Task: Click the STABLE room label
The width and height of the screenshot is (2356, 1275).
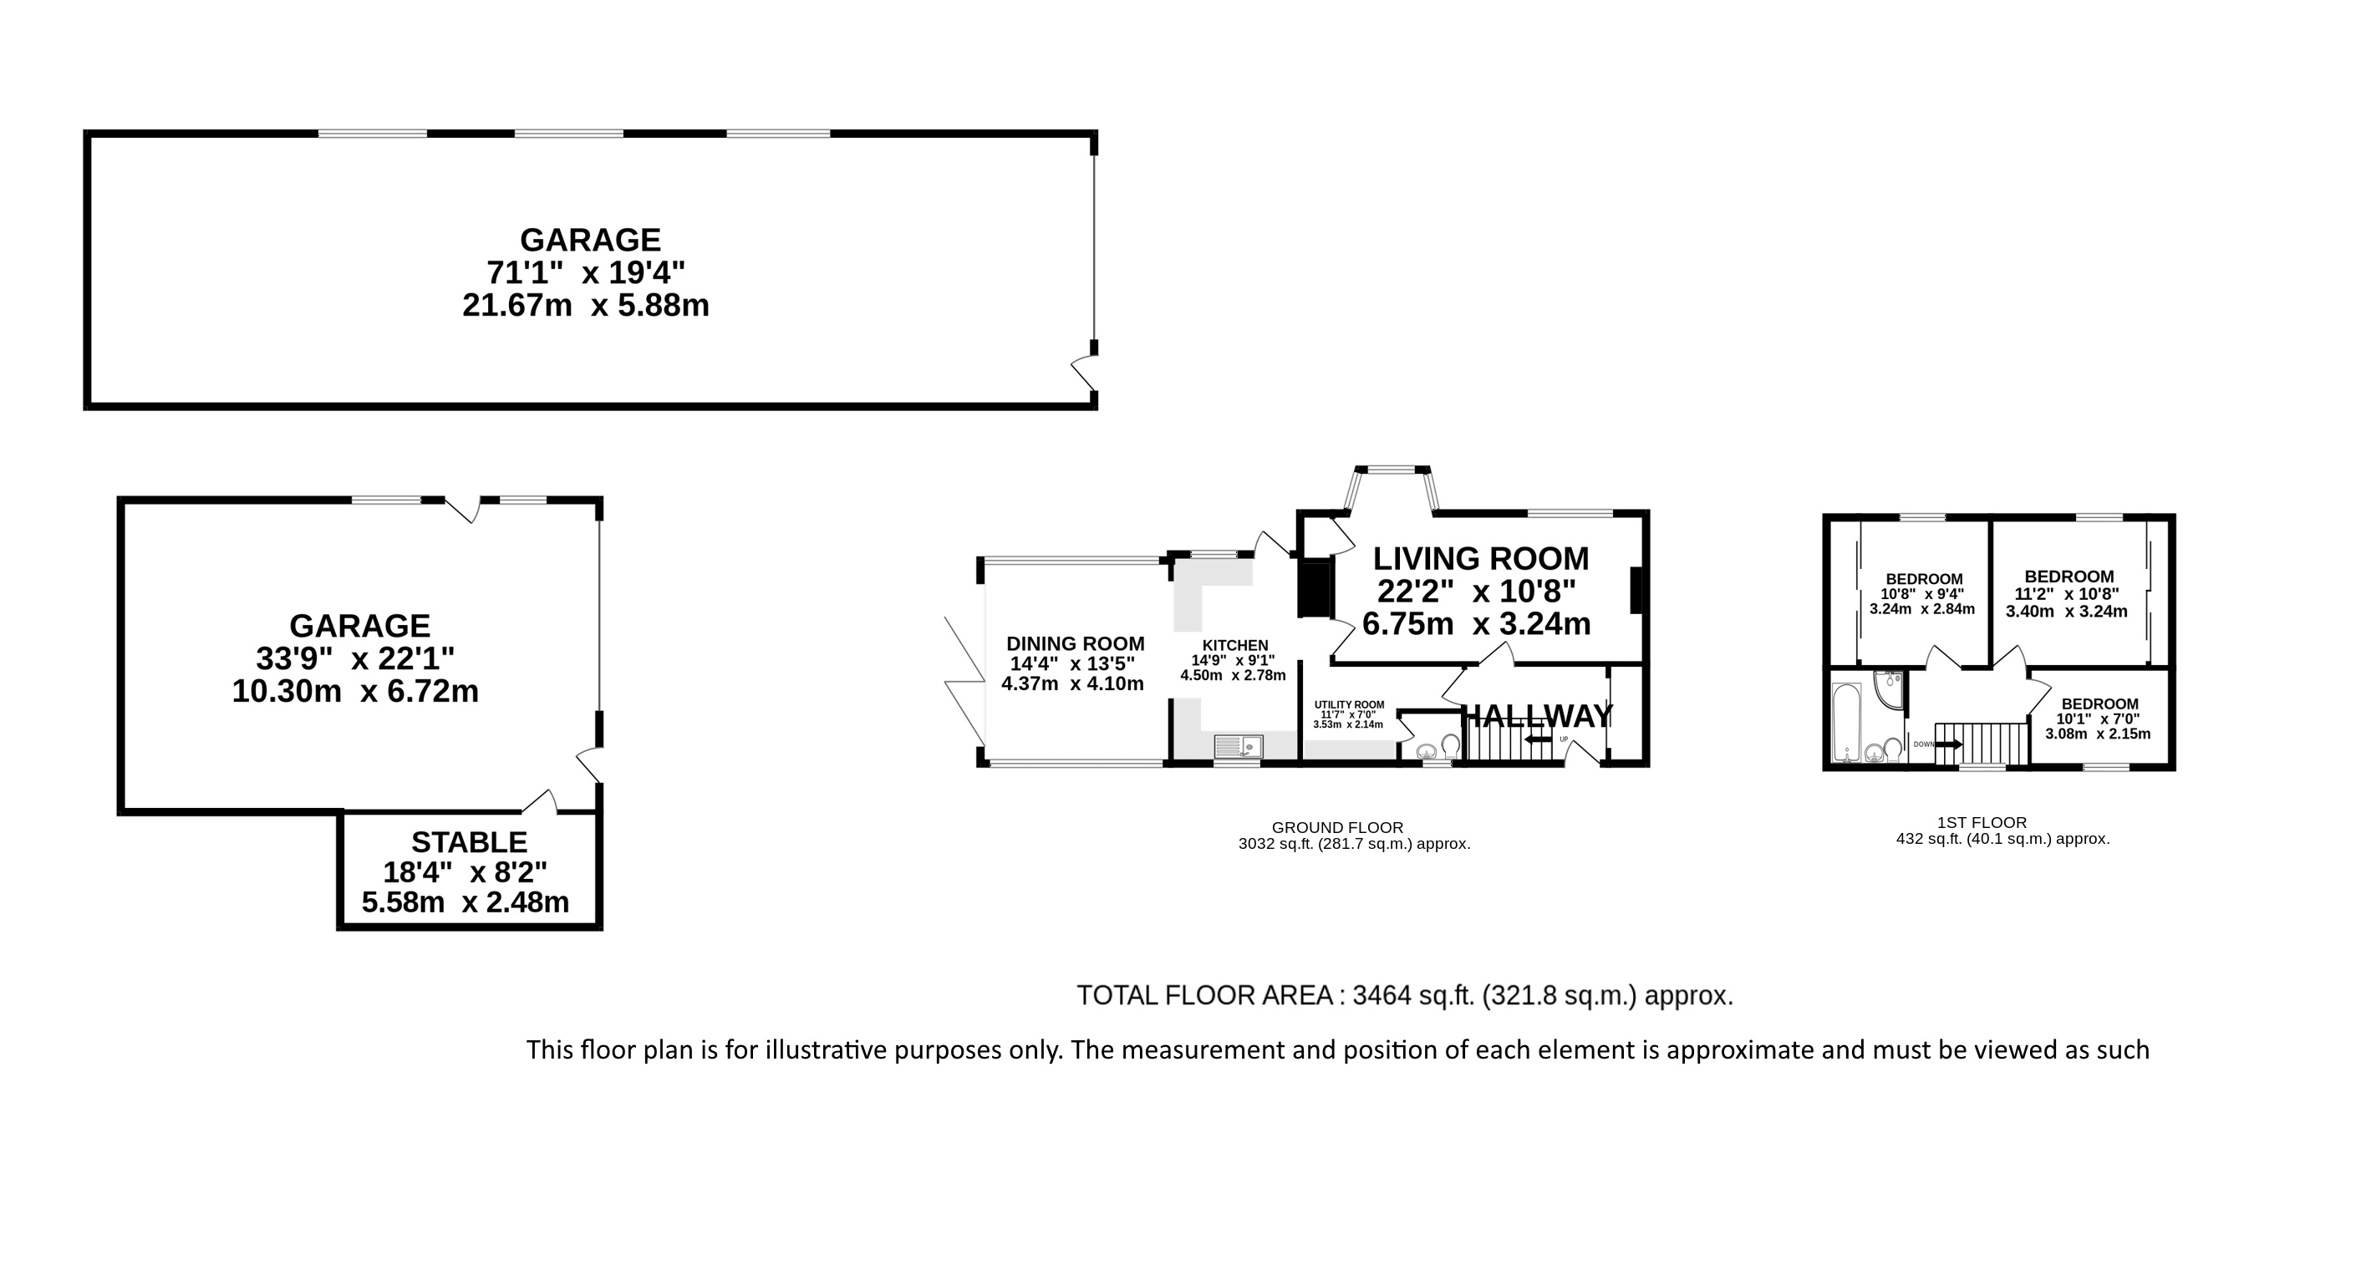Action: [469, 841]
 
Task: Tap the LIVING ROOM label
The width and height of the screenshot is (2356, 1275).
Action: [1481, 558]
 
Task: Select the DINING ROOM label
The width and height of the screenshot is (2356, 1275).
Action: [1076, 644]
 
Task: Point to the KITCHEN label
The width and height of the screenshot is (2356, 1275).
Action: [1234, 645]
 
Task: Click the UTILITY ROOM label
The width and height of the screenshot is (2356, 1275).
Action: [1349, 704]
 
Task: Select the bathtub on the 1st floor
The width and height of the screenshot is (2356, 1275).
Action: [1846, 723]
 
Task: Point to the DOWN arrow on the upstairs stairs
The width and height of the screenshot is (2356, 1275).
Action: [1949, 744]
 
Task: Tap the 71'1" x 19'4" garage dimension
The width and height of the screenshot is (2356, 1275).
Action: [585, 272]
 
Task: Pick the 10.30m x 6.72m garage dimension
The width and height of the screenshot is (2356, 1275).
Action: [355, 692]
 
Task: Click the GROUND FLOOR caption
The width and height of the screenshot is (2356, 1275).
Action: [1337, 828]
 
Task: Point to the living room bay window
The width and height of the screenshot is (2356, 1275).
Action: [1390, 486]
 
